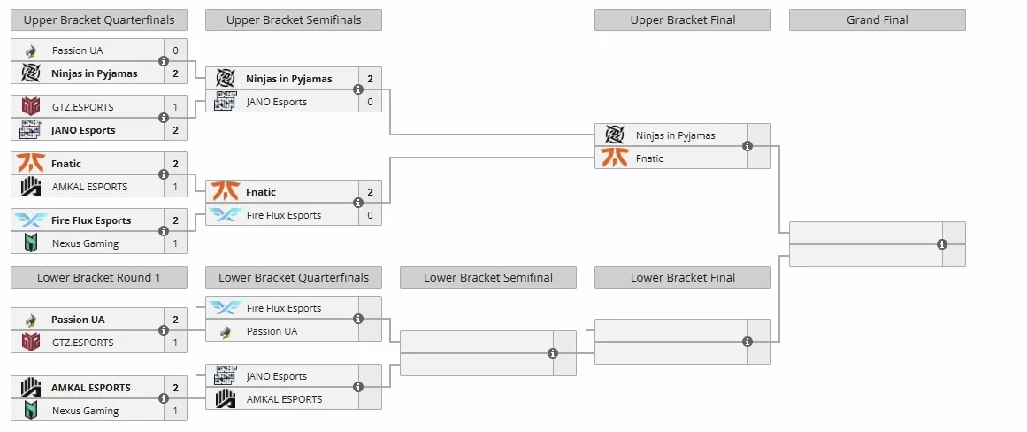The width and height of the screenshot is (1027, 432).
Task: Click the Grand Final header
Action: tap(877, 19)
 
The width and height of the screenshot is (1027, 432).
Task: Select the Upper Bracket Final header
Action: tap(683, 19)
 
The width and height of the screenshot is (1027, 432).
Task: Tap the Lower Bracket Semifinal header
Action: tap(488, 277)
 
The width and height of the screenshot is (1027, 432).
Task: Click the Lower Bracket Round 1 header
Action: tap(99, 277)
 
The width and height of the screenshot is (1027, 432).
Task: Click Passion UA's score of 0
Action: tap(175, 50)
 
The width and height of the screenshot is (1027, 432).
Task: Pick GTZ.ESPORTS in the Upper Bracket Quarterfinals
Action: tap(82, 107)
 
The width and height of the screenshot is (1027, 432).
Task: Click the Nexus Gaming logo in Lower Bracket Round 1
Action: tap(31, 411)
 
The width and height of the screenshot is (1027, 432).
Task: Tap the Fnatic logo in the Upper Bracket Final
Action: tap(615, 158)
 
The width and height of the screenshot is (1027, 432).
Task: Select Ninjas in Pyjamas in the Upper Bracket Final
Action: tap(675, 135)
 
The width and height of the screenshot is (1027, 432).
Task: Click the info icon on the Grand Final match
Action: tap(942, 244)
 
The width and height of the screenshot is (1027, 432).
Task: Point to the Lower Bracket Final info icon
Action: tap(747, 342)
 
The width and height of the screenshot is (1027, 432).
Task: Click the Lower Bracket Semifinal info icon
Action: tap(553, 353)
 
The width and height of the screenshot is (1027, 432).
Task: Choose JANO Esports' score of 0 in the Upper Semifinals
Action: tap(370, 102)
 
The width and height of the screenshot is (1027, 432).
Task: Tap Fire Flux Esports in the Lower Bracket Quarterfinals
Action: tap(284, 308)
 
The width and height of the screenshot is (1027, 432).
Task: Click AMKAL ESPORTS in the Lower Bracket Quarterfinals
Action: tap(284, 398)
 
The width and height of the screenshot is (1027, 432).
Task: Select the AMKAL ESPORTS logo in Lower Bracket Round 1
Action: tap(31, 388)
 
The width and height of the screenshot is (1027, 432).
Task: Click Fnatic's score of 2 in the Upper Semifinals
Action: tap(370, 192)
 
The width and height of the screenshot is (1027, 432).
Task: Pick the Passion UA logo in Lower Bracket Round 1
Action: tap(30, 320)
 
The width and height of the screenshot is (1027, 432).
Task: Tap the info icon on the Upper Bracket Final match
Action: tap(747, 146)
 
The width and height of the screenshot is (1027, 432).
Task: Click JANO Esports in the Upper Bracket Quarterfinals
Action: tap(83, 130)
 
